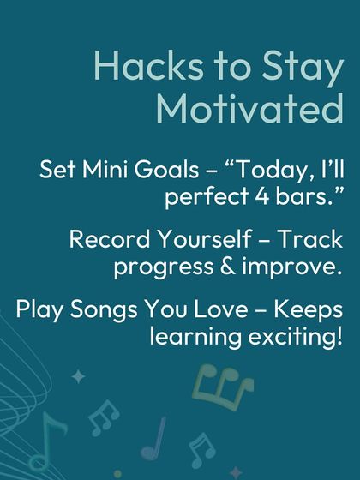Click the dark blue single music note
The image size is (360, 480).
[154, 438]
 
